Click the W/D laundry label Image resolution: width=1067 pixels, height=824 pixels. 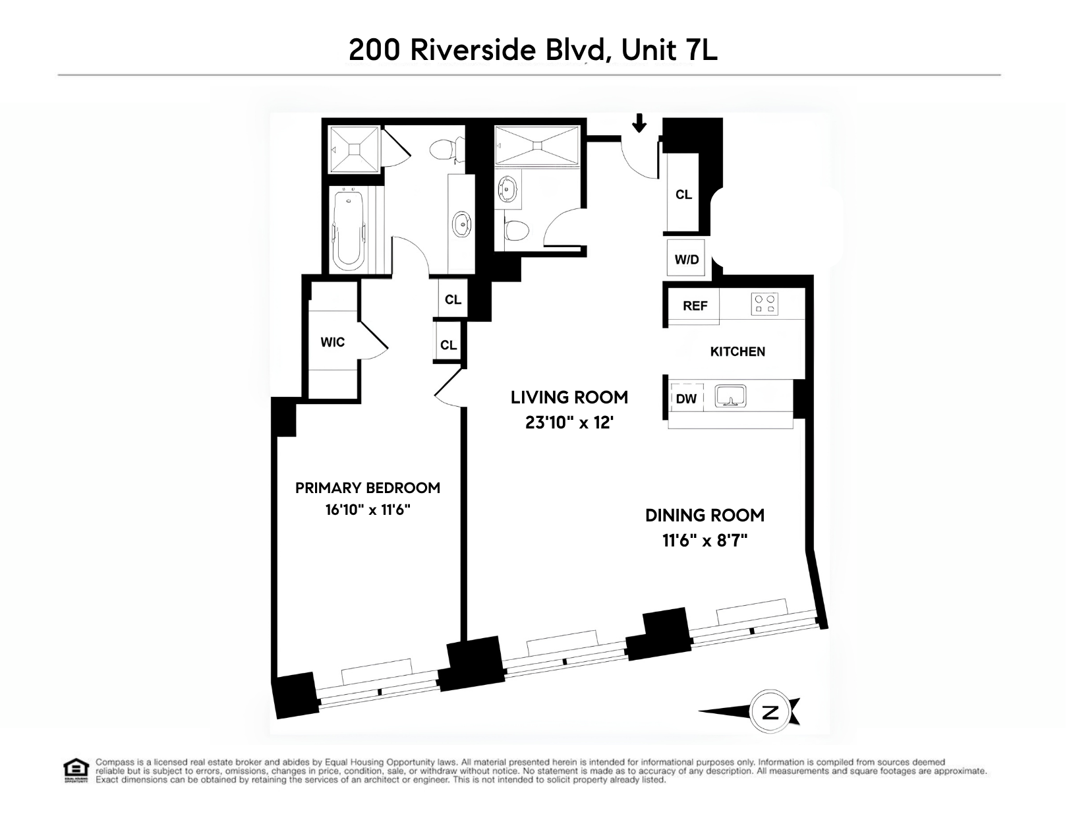click(686, 259)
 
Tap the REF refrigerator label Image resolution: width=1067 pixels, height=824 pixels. click(695, 306)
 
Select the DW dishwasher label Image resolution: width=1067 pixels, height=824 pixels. click(686, 399)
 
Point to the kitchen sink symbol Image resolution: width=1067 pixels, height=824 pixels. click(730, 396)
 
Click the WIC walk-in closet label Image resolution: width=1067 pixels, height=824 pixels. click(332, 342)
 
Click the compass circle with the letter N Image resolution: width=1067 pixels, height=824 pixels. click(769, 711)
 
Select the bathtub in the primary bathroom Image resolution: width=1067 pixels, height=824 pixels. click(348, 229)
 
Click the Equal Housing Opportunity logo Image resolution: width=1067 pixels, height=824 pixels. click(75, 770)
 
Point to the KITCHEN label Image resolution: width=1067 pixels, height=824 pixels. click(737, 351)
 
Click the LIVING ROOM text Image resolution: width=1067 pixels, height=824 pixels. click(569, 397)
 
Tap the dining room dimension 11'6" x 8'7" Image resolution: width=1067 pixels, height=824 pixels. click(705, 541)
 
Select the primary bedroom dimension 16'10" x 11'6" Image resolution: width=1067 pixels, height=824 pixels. click(368, 510)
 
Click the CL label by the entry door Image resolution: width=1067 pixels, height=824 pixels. click(683, 194)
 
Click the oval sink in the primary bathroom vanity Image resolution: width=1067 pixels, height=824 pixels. click(462, 225)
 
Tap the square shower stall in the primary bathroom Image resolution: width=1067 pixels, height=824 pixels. click(355, 150)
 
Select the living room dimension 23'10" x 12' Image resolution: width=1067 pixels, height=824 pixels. click(569, 423)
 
